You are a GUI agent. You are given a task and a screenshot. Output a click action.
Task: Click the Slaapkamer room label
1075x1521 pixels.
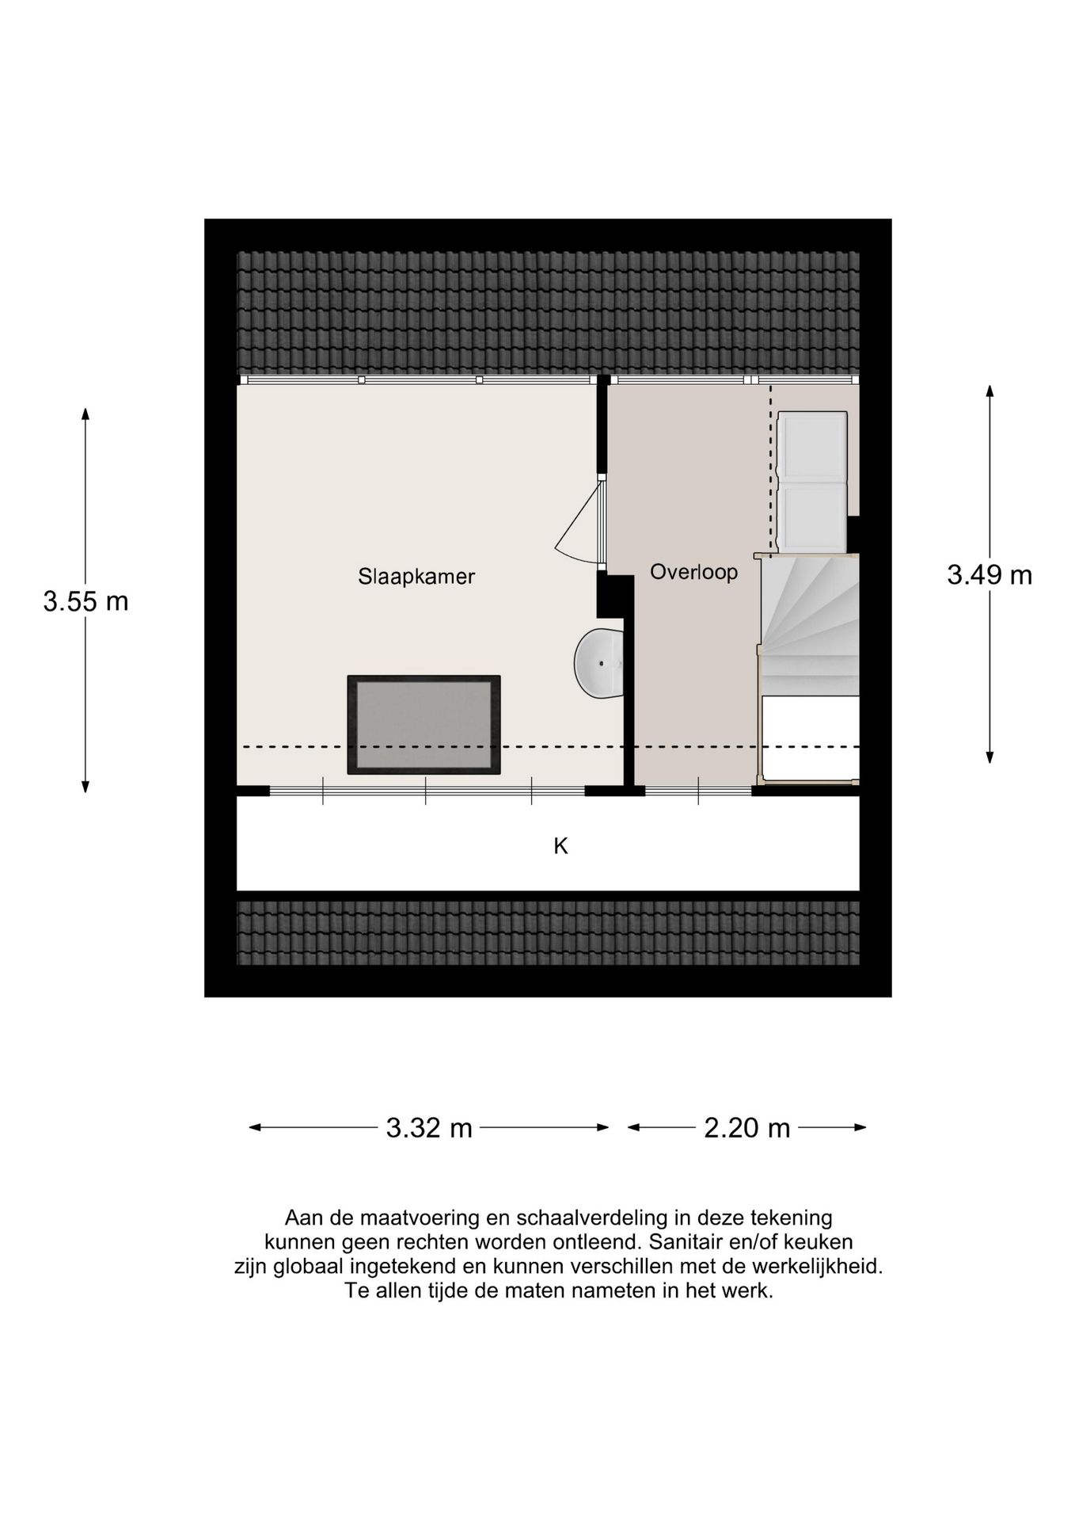pos(416,576)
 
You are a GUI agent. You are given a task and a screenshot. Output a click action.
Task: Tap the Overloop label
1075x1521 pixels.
pos(693,572)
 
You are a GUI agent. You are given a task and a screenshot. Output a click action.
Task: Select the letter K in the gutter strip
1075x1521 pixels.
pos(560,847)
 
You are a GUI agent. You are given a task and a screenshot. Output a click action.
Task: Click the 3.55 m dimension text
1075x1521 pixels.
pos(85,602)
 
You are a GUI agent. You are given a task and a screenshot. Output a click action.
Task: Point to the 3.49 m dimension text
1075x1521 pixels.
pos(990,575)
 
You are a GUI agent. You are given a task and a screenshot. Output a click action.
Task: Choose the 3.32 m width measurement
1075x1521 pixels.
pos(429,1127)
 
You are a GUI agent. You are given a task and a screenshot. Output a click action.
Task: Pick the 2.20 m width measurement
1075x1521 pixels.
pos(747,1127)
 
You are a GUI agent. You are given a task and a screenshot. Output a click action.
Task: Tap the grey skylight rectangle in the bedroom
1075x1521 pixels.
pos(424,724)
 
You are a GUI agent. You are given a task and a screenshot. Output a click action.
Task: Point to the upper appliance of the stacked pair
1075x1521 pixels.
pos(812,445)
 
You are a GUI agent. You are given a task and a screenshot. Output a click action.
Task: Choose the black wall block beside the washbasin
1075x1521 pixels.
pos(614,596)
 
